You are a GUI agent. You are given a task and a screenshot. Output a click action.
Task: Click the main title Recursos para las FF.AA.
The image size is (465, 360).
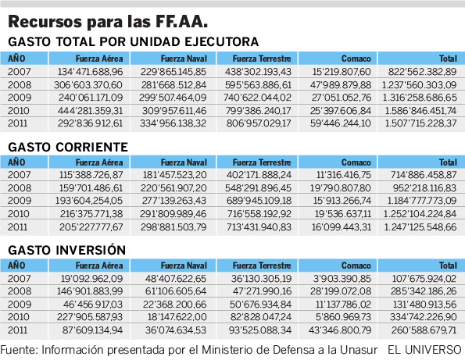click(x=108, y=22)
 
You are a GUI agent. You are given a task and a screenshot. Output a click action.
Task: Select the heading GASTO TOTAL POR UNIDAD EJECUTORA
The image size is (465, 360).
click(x=134, y=41)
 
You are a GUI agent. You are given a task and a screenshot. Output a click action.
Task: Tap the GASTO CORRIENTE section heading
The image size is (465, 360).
click(x=68, y=147)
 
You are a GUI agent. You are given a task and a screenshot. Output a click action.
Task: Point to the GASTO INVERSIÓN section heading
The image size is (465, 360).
click(x=67, y=250)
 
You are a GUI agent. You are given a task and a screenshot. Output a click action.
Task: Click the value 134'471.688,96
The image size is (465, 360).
click(x=90, y=72)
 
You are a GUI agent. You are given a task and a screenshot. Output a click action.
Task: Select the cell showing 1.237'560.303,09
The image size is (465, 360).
click(x=419, y=85)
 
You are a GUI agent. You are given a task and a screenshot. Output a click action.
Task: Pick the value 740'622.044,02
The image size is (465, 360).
click(x=259, y=98)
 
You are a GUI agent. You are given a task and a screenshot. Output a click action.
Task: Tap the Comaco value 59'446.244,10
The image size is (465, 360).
click(x=341, y=123)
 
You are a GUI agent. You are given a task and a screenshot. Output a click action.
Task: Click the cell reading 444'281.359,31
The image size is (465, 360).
click(x=90, y=111)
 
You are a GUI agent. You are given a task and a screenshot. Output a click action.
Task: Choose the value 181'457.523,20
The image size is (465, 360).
click(x=175, y=175)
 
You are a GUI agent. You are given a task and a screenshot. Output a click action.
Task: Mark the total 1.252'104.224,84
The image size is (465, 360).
click(x=420, y=214)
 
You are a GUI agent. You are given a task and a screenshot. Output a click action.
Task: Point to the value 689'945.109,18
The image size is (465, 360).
click(x=259, y=201)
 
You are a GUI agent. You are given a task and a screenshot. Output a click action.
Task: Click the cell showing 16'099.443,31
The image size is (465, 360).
click(x=341, y=227)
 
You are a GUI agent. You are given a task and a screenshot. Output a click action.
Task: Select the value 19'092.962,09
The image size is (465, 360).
click(x=92, y=279)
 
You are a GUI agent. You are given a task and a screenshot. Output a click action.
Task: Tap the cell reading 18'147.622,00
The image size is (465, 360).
click(x=177, y=317)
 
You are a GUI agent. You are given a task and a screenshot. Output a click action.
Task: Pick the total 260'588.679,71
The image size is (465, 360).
click(x=424, y=330)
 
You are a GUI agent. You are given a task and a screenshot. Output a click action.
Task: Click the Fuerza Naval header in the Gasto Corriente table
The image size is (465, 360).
click(x=184, y=162)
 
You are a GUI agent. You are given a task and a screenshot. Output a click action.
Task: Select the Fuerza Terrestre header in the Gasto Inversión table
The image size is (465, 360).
click(x=262, y=266)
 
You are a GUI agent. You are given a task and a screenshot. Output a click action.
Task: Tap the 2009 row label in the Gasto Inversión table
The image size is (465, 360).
click(x=20, y=305)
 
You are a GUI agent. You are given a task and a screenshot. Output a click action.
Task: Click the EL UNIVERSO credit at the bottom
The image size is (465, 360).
click(x=424, y=350)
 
